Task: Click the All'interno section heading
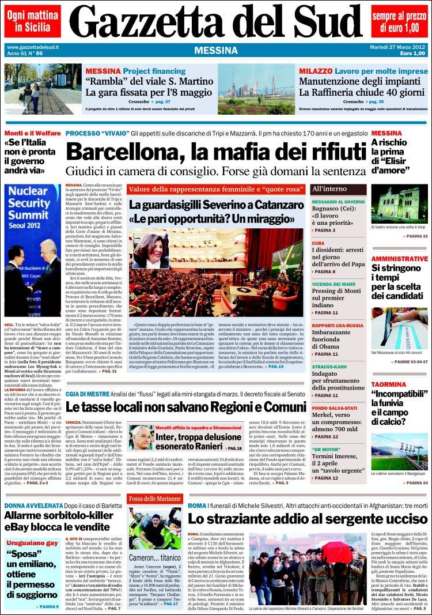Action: point(329,188)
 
